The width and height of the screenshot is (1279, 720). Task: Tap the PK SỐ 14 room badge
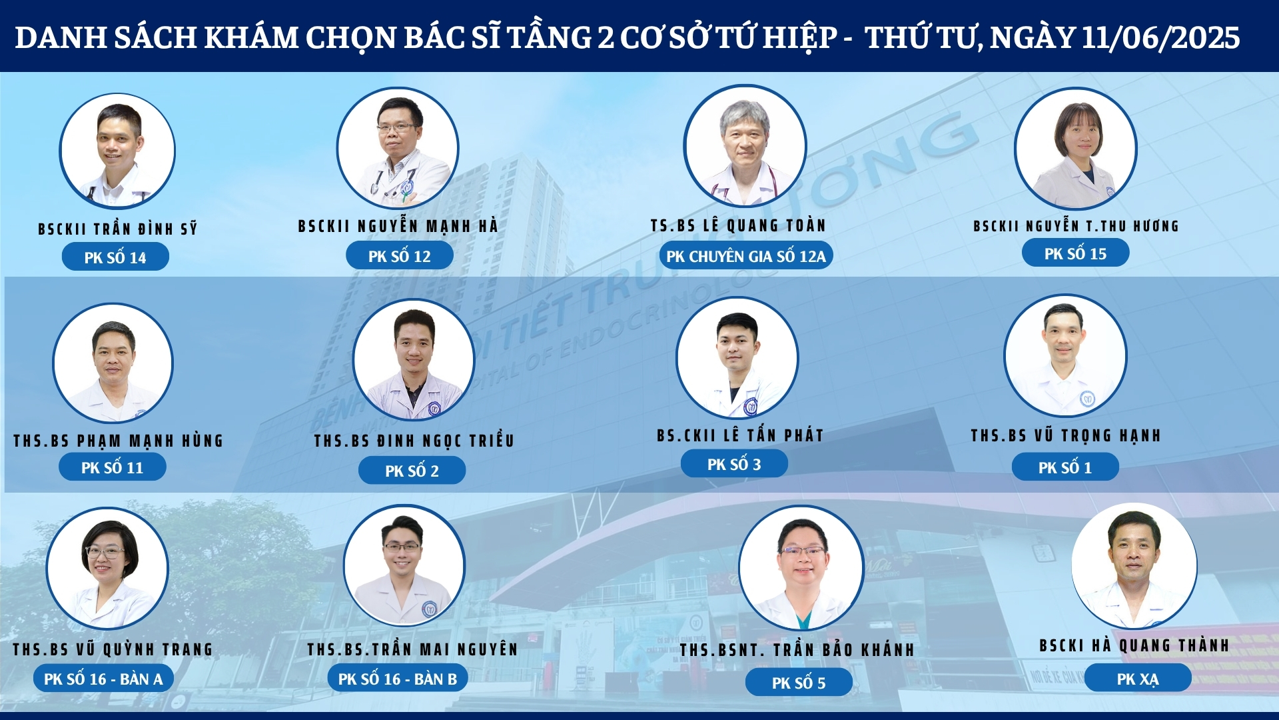pos(115,257)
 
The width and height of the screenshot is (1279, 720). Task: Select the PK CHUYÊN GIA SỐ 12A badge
pos(746,256)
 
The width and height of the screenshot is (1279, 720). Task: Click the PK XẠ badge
pos(1138,679)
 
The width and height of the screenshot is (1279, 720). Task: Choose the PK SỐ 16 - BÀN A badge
pos(103,679)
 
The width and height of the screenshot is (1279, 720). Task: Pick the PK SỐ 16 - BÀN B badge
pos(398,679)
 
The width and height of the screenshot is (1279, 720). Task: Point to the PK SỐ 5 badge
pos(799,683)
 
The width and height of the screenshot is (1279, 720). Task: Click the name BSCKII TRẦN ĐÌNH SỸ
pos(118,229)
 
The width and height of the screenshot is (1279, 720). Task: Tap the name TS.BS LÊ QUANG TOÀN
pos(738,226)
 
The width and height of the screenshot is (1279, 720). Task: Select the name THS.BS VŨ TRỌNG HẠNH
pos(1066,435)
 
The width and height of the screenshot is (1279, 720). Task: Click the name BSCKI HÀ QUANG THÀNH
pos(1134,645)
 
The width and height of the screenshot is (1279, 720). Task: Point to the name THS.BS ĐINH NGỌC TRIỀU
pos(414,441)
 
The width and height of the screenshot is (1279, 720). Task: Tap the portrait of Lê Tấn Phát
pos(737,358)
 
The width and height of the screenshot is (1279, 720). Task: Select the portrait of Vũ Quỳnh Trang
pos(107,568)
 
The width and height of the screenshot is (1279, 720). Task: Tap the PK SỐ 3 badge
pos(734,464)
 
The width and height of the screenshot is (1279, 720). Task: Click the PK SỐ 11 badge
pos(112,467)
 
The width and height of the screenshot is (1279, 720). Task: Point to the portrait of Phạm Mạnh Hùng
pos(113,363)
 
